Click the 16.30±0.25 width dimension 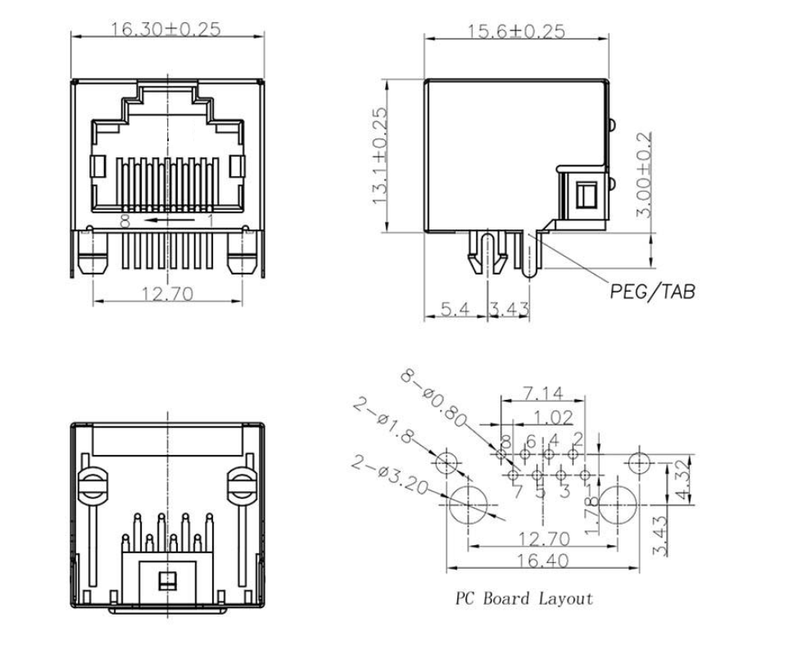pos(166,30)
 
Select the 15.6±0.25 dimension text pos(516,31)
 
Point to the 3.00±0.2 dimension pos(646,174)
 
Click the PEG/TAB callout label pos(652,291)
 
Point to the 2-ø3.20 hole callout pos(391,476)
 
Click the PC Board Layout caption pos(523,599)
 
